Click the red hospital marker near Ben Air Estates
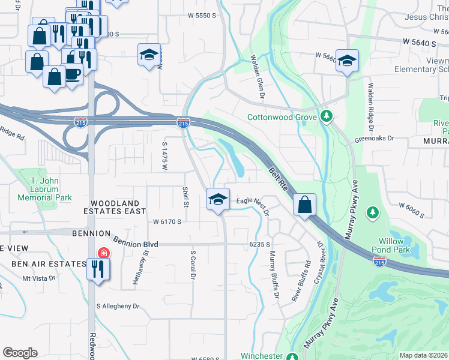(103, 253)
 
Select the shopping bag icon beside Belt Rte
(305, 204)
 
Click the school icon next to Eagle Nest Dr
(218, 199)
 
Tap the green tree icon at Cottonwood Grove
(326, 115)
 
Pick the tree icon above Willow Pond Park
(373, 212)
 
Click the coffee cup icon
(73, 74)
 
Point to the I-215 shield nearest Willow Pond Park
(379, 262)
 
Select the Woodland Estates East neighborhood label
(117, 207)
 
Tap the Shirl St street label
(185, 196)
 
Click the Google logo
(20, 353)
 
